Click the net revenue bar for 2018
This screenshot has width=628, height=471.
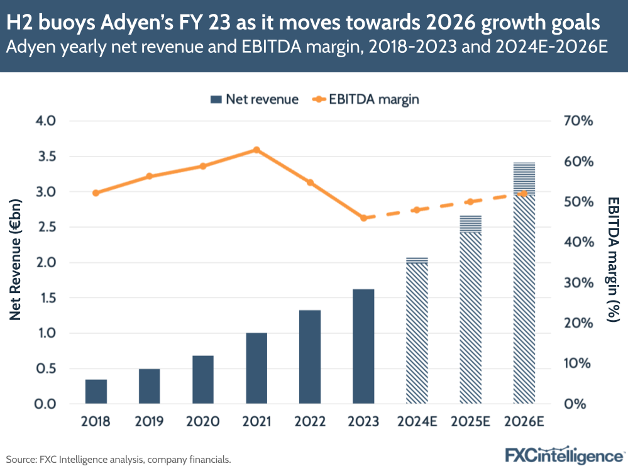[96, 391]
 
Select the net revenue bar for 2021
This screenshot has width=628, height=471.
[256, 368]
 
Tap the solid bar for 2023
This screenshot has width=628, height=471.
[363, 346]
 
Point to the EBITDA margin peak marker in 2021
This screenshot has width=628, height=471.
[256, 150]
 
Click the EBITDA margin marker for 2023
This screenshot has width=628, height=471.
[363, 218]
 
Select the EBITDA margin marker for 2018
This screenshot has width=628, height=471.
[96, 193]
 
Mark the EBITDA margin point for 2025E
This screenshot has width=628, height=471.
[470, 202]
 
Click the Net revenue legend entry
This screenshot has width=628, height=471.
[255, 99]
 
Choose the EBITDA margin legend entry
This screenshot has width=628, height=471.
[365, 99]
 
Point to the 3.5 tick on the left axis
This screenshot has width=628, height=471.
[46, 156]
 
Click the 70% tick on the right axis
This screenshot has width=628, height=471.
[576, 121]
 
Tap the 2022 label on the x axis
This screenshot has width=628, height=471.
[310, 421]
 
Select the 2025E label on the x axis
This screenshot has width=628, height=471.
[470, 421]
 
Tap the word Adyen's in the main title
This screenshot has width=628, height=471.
[141, 23]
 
